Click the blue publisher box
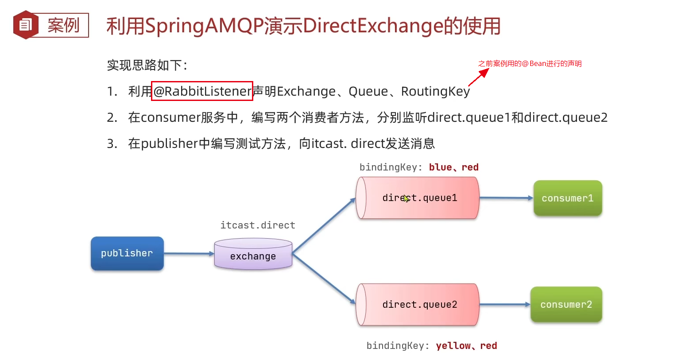(x=127, y=253)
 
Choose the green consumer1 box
(x=567, y=198)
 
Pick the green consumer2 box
(x=566, y=305)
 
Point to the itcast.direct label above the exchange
(x=258, y=225)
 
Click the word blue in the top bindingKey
(x=440, y=167)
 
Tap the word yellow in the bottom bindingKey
(x=453, y=346)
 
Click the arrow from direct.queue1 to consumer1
(x=506, y=198)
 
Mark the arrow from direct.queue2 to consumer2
(x=505, y=305)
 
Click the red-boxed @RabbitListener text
(x=202, y=91)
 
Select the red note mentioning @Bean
(x=530, y=64)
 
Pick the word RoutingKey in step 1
(x=435, y=91)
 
